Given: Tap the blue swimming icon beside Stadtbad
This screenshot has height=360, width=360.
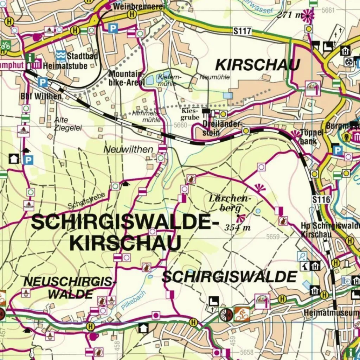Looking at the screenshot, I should pos(60,56).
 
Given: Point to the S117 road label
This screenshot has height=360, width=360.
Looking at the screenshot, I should pos(242,31).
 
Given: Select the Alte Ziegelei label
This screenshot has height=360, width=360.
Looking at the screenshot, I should pos(67,124).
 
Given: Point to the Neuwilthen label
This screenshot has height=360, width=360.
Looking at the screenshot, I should pos(128,149).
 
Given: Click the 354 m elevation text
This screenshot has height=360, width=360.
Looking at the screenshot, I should pos(237,227).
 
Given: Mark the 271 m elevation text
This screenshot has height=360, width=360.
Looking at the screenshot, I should pos(289,15).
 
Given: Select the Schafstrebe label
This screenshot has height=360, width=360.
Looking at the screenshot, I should pos(86,201).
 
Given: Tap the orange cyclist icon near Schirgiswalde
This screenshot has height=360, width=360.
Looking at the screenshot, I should pos(242,314).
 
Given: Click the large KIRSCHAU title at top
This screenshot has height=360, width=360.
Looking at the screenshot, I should pos(257,65).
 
